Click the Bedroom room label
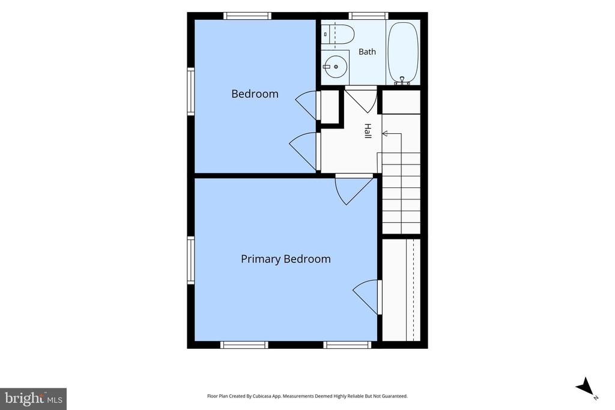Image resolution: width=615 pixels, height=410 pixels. pyautogui.click(x=255, y=94)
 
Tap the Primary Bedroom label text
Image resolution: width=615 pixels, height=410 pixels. pyautogui.click(x=285, y=259)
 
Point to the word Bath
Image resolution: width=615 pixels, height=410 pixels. pyautogui.click(x=367, y=52)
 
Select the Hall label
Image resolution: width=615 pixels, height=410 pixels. pyautogui.click(x=368, y=130)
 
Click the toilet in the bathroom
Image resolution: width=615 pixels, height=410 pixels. pyautogui.click(x=338, y=34)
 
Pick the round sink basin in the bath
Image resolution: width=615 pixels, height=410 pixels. pyautogui.click(x=335, y=67)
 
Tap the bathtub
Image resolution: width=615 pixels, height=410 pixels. pyautogui.click(x=403, y=52)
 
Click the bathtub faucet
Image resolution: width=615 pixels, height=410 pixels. pyautogui.click(x=402, y=81)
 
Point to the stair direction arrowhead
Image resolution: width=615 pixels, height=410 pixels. pyautogui.click(x=385, y=134)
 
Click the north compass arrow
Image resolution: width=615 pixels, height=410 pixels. pyautogui.click(x=585, y=386)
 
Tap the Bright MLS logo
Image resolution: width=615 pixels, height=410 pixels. pyautogui.click(x=34, y=399)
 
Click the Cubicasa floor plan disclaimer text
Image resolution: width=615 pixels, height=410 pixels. pyautogui.click(x=307, y=396)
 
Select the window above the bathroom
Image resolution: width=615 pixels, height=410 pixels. pyautogui.click(x=368, y=16)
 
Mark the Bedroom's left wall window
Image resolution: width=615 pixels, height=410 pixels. pyautogui.click(x=190, y=91)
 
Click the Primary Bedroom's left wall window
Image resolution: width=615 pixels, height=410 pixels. pyautogui.click(x=190, y=260)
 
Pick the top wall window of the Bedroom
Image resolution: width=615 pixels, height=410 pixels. pyautogui.click(x=247, y=16)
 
